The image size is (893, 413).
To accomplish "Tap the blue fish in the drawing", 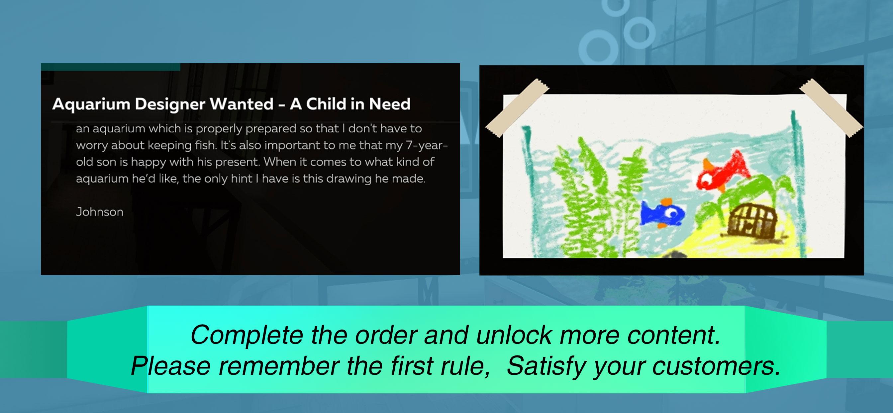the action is (662, 213).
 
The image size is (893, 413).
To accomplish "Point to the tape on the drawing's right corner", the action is (831, 108).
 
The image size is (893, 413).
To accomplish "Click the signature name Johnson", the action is (99, 212).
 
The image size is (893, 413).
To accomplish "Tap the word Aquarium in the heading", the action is (90, 104).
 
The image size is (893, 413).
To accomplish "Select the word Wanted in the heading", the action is (242, 104).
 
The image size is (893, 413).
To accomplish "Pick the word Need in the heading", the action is (389, 104).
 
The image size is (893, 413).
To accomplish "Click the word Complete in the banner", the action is (247, 335).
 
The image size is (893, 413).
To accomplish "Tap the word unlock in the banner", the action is (514, 335).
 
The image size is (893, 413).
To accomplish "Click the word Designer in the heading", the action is (170, 104).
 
